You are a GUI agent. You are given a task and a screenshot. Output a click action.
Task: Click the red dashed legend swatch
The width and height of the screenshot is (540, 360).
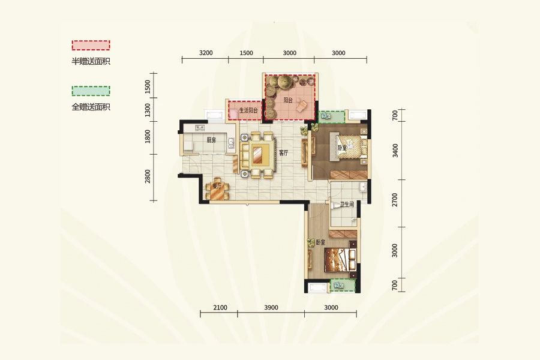91,45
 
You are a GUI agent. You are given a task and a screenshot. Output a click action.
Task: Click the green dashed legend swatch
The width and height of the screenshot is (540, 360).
91,91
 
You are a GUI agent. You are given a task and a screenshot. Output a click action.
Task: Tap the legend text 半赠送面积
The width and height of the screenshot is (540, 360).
91,62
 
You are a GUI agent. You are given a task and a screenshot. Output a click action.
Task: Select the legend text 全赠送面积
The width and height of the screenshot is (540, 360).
91,107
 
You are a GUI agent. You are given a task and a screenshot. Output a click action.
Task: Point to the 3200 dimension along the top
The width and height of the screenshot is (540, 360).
206,53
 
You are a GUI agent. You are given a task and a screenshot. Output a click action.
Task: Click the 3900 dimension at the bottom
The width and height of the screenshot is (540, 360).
271,307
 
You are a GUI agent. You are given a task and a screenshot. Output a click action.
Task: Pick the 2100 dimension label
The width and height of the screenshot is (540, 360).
220,307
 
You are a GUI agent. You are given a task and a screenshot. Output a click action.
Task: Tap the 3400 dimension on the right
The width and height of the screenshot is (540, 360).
395,151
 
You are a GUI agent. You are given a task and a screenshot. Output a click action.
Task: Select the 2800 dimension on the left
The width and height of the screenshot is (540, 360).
148,176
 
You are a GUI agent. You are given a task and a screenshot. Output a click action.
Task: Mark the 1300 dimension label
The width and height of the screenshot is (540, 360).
148,110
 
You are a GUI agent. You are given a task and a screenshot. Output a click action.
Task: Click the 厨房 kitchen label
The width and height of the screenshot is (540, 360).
211,140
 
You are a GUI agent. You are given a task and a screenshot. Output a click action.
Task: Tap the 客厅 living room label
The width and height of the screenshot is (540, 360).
283,153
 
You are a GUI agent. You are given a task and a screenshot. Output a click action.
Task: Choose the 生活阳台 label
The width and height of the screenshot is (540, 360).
248,110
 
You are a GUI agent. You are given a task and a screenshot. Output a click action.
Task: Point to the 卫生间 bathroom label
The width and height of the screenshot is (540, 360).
347,204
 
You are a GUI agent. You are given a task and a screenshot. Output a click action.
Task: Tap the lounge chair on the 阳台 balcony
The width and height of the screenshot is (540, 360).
304,105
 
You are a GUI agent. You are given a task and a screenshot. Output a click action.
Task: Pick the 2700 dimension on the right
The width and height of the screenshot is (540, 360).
395,200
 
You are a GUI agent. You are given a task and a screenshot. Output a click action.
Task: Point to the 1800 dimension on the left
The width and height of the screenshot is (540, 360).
148,136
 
